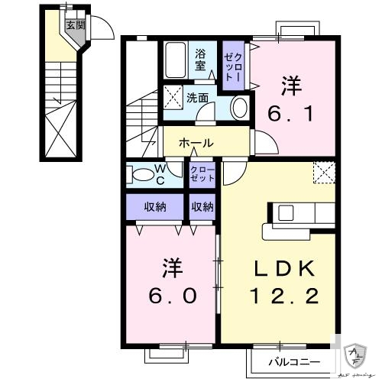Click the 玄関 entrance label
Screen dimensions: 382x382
(x=74, y=25)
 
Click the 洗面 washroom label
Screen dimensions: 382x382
(x=198, y=98)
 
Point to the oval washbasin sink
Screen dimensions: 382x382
(x=239, y=106)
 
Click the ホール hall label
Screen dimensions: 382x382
(x=196, y=143)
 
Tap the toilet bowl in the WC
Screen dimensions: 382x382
(x=143, y=175)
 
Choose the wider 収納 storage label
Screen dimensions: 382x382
(x=156, y=206)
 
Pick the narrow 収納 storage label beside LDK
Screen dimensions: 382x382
(x=202, y=206)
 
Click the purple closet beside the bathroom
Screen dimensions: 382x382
(x=232, y=65)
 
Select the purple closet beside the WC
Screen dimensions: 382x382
(x=202, y=173)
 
